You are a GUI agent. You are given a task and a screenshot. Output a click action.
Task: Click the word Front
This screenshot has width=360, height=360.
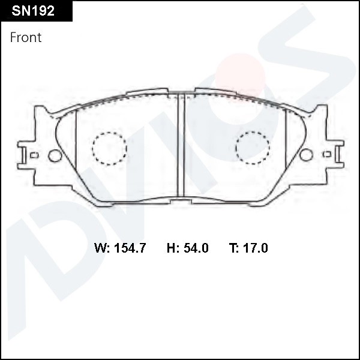pos(26,37)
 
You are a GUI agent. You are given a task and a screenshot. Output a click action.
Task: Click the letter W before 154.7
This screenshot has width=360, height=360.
pos(101,248)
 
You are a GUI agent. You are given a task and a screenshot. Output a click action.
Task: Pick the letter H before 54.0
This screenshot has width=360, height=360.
pos(170,248)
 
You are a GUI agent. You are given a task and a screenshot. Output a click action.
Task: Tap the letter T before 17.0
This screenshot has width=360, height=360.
pos(233,248)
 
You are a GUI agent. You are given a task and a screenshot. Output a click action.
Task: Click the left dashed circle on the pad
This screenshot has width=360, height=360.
pos(110,148)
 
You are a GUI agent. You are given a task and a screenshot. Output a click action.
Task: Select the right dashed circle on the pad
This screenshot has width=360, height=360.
pos(253,146)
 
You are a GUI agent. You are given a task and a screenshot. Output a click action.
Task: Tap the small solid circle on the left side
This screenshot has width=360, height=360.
pos(54,155)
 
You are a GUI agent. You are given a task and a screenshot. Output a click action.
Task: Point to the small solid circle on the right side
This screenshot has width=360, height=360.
pos(306,155)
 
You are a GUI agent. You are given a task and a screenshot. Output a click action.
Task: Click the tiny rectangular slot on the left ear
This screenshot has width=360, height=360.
pos(34,155)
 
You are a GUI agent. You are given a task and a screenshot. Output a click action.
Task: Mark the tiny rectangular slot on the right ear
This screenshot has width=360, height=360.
pos(328,154)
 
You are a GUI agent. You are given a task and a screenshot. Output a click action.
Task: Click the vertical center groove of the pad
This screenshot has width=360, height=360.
pos(181,147)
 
